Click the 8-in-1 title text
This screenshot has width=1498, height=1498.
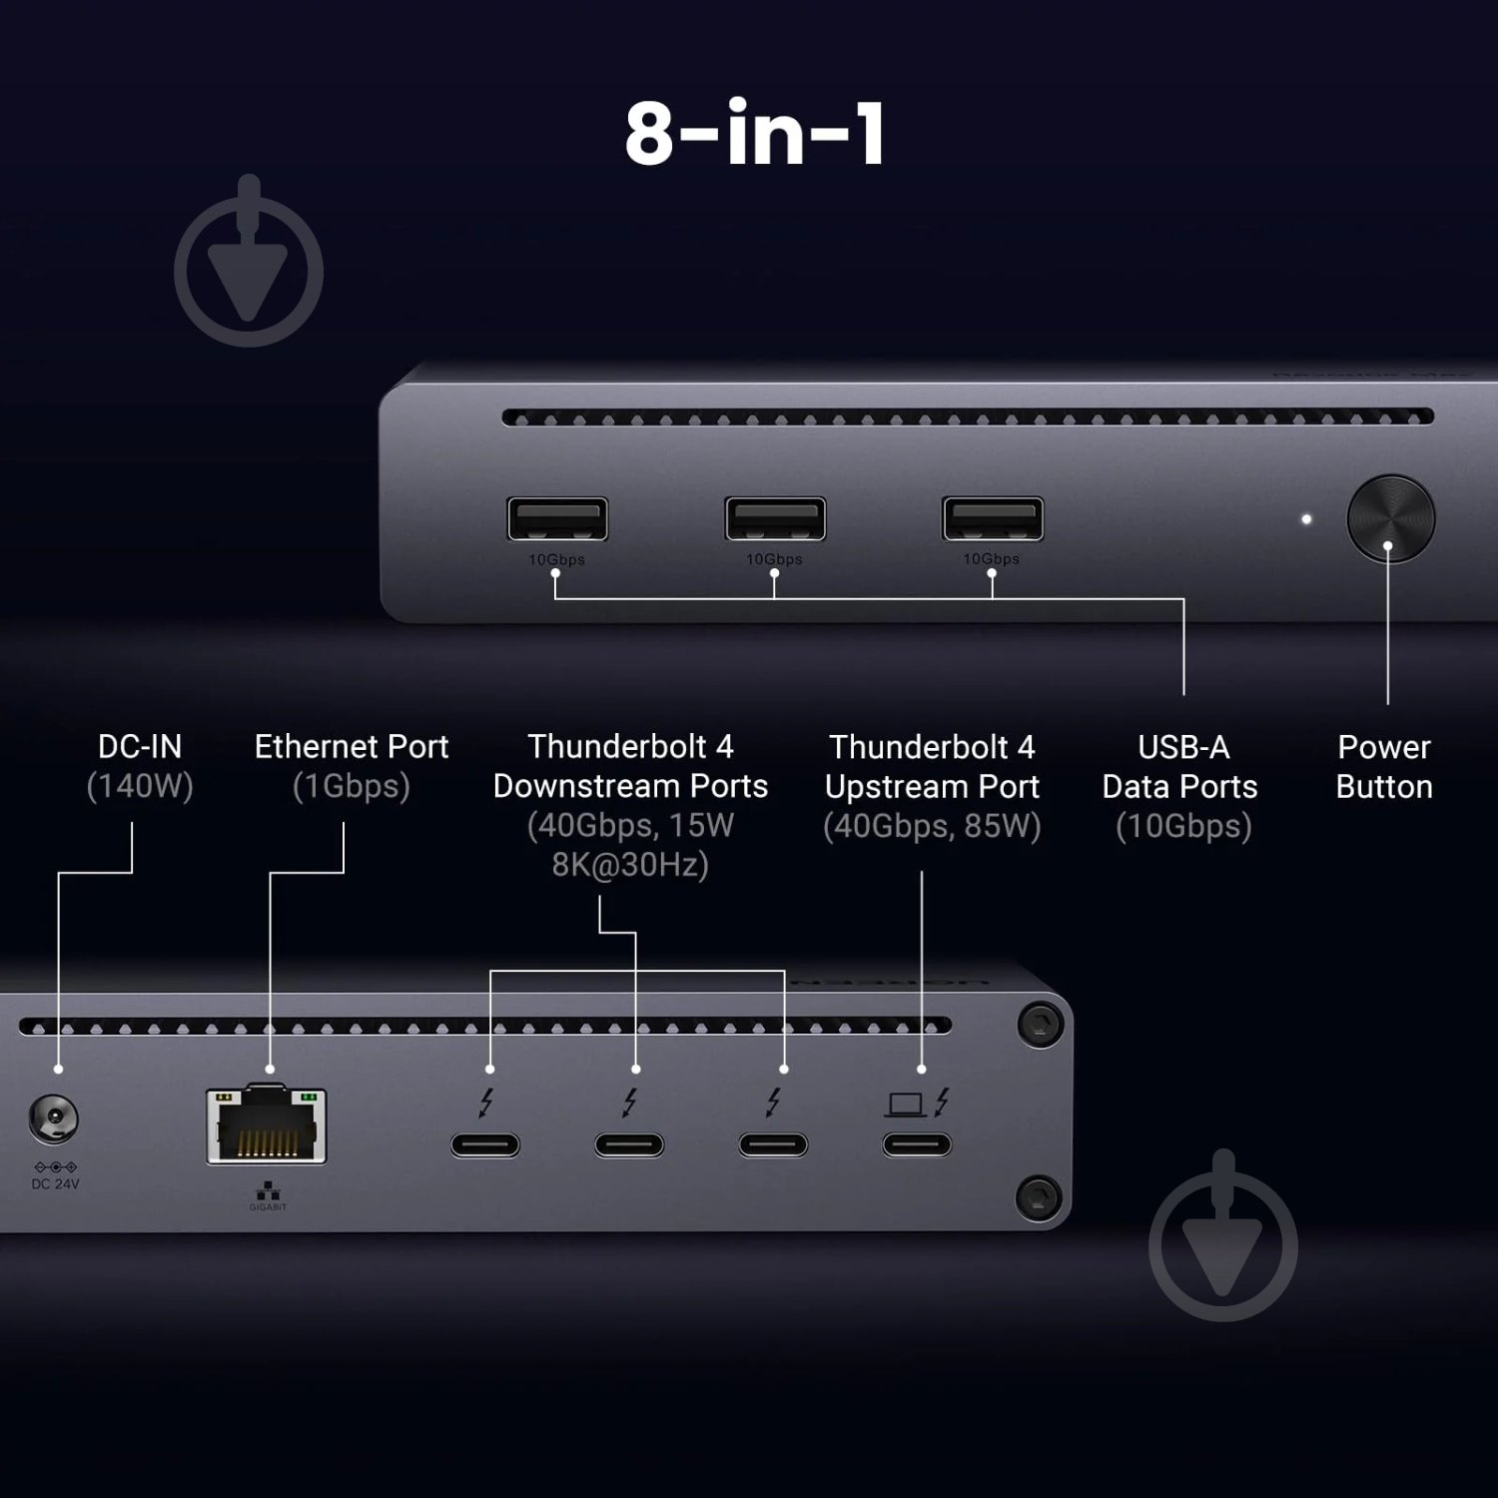pos(755,134)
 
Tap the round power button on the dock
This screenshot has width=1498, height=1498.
pos(1390,518)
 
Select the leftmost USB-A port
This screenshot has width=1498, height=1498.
pos(557,519)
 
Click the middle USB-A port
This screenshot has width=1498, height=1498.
pos(775,519)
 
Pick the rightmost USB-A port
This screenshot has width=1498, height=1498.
pos(993,519)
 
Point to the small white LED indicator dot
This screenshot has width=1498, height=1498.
pos(1306,519)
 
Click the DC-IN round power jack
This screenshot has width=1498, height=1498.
pos(54,1119)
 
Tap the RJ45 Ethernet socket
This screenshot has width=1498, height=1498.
pos(267,1126)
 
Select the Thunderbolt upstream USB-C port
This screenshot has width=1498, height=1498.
pos(917,1144)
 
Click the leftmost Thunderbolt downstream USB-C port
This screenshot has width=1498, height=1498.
pos(485,1144)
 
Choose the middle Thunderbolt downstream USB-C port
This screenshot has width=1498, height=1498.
pos(629,1144)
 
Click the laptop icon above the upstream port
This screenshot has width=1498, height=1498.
pos(905,1104)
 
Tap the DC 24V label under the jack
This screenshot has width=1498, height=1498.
pos(55,1184)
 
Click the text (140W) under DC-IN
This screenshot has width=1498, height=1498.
pos(140,787)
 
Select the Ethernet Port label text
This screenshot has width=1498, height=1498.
pos(352,747)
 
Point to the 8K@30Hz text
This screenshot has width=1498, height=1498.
pos(630,865)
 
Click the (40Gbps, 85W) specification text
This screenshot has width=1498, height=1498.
pos(932,827)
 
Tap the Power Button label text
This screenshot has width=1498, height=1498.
pos(1384,767)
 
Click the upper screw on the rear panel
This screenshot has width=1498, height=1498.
pos(1039,1024)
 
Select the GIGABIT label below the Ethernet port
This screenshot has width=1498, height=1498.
pos(268,1207)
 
